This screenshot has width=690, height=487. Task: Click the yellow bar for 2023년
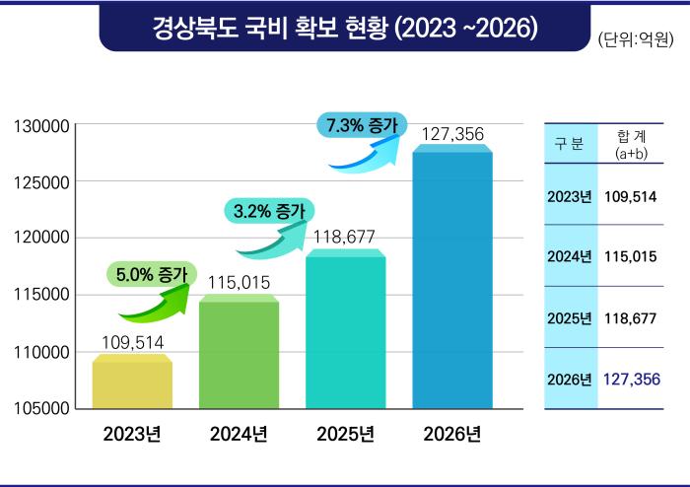coord(132,383)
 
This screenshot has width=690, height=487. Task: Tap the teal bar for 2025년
coord(345,330)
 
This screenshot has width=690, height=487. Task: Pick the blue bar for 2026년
coord(452,278)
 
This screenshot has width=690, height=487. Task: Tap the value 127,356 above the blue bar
coord(452,133)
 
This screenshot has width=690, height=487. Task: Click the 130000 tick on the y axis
coord(39,126)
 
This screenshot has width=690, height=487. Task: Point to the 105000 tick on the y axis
coord(39,407)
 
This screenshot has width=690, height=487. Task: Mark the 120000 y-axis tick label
coord(39,239)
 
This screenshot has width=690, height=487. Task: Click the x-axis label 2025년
coord(345,435)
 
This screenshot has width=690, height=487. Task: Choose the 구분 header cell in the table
coord(570,144)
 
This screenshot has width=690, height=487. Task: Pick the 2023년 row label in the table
coord(570,195)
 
